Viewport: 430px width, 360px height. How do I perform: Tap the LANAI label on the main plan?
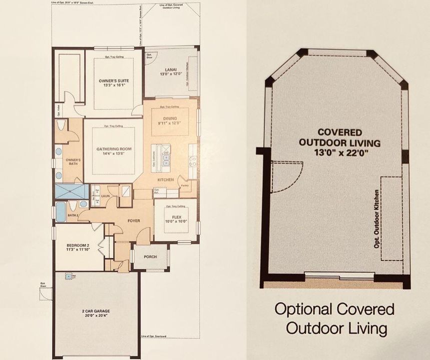point(165,70)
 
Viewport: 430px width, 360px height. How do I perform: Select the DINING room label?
point(170,118)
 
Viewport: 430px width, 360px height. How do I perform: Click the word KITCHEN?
point(166,179)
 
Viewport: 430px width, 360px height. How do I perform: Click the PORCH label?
point(150,257)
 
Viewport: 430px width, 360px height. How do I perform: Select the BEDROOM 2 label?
point(77,245)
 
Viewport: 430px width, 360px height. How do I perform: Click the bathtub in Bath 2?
point(60,211)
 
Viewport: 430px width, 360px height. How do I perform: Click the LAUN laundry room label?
point(106,196)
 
